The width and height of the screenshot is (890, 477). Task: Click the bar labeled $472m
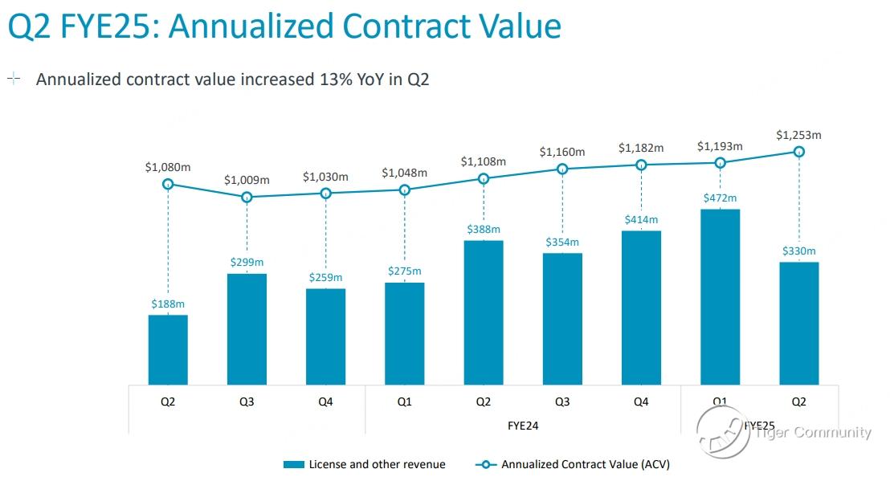(x=720, y=297)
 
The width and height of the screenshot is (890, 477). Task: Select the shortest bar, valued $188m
(x=168, y=350)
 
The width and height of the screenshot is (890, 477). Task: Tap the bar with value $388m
(x=484, y=312)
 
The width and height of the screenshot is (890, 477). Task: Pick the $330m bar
(x=798, y=324)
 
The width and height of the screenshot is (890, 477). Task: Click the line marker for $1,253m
(x=798, y=151)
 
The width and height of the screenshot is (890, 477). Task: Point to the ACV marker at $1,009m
(x=247, y=197)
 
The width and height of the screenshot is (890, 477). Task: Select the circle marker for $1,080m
(x=168, y=184)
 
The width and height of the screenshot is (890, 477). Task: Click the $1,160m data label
(x=561, y=152)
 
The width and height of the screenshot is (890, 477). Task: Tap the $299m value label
(x=247, y=262)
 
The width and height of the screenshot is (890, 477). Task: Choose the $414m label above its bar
(x=641, y=219)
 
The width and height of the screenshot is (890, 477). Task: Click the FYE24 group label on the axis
(x=522, y=423)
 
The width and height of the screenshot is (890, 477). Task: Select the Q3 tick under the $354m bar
(x=561, y=402)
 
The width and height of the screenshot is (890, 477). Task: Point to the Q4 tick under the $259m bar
(x=325, y=402)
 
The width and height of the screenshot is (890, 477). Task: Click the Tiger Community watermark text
(x=812, y=432)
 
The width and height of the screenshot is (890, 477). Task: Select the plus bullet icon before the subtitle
(x=14, y=79)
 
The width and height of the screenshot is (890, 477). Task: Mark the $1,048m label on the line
(x=404, y=173)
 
